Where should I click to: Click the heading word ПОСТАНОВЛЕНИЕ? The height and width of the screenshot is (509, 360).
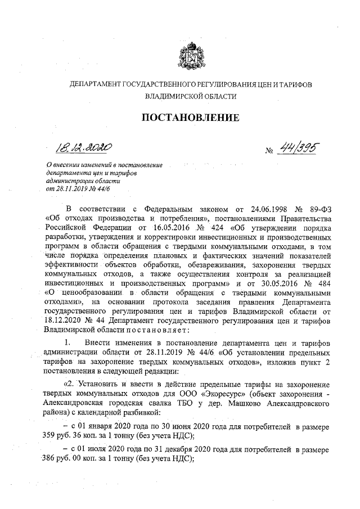(x=186, y=118)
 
